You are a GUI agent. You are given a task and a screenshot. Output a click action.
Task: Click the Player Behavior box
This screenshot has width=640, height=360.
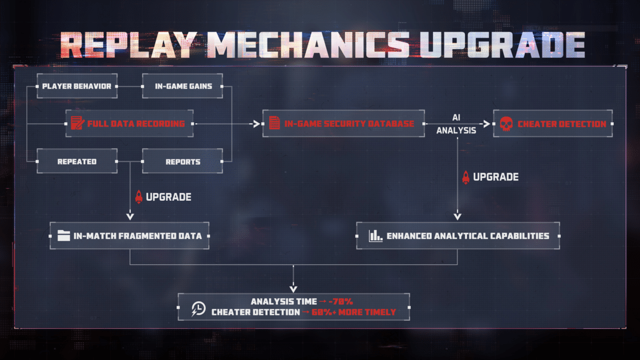77,86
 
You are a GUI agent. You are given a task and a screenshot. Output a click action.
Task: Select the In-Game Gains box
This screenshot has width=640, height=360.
183,86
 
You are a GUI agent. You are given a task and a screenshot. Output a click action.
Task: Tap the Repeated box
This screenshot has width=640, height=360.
77,161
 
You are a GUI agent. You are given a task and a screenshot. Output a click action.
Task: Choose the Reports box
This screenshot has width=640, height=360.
183,161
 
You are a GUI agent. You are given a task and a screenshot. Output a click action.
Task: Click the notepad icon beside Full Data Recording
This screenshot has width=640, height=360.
77,123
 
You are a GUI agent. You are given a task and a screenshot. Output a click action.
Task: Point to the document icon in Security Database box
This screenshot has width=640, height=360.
275,123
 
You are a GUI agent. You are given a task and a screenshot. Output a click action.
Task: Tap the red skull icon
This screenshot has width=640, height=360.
506,123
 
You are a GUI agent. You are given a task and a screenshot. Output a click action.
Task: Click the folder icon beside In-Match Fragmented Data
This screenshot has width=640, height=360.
64,236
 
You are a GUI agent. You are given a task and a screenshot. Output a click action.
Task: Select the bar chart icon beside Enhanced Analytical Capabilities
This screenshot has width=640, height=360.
375,236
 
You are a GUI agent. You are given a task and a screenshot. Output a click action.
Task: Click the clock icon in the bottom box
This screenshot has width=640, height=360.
199,309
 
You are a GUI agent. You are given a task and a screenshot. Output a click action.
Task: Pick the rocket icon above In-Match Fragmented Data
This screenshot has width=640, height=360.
139,197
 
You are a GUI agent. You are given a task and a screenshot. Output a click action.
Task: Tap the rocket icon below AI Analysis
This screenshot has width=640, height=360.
465,177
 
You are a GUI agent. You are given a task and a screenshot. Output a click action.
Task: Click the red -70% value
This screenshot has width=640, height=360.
341,302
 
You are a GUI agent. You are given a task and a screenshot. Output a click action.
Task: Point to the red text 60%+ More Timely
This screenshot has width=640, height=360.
354,312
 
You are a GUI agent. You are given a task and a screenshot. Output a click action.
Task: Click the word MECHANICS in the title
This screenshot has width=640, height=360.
309,45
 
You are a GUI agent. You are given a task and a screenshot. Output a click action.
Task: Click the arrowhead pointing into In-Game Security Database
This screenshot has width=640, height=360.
257,124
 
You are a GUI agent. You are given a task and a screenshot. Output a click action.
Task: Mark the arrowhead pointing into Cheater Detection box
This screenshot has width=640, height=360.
487,124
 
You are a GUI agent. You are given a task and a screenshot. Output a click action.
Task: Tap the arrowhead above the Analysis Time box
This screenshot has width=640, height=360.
293,289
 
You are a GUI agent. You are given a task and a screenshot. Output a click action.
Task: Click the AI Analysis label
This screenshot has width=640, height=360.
456,124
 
